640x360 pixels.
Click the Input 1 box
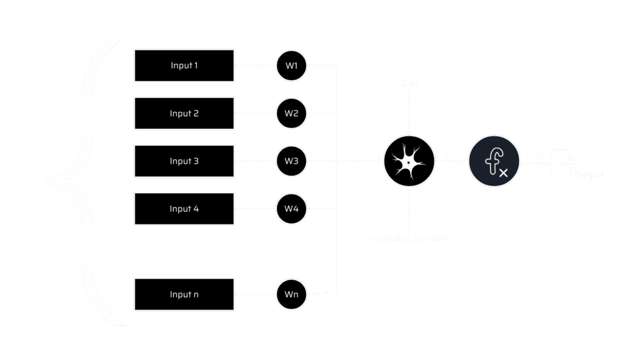184,65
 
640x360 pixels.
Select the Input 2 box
184,113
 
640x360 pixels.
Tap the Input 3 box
184,161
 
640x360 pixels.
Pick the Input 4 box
184,209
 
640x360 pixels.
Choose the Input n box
184,294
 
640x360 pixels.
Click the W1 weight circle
291,65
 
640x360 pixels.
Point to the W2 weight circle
291,113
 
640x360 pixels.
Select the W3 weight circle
291,161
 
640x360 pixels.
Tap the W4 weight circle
291,209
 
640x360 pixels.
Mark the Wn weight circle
291,294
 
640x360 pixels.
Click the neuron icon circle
409,161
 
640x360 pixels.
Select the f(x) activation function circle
494,161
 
